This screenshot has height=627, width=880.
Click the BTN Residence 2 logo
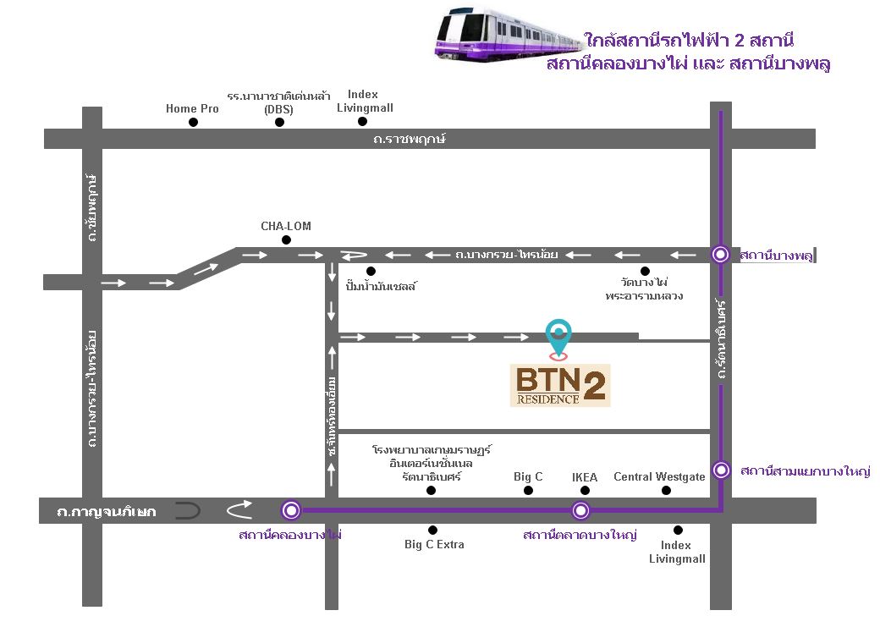pos(560,385)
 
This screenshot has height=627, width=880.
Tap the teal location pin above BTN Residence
pos(558,334)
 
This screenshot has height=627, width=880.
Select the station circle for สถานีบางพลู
pos(720,253)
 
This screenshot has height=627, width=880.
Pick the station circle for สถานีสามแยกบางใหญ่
pos(721,470)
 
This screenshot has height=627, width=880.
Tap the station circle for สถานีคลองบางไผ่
pos(292,509)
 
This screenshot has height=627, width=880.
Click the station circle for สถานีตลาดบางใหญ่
pos(580,510)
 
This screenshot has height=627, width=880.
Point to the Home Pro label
pos(192,108)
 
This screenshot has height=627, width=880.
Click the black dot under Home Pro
pos(193,123)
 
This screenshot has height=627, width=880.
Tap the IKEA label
pos(585,477)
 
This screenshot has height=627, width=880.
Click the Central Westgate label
pos(659,477)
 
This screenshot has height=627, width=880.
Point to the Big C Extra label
pos(434,544)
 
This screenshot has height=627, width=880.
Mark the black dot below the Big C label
pos(529,490)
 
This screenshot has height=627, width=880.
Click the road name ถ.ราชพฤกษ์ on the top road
pos(409,138)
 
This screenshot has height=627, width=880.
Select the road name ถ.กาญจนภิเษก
pos(107,511)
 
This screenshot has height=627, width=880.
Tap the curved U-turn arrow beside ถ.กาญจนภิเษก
pos(239,509)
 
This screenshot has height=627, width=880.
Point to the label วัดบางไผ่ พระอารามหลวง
pos(644,289)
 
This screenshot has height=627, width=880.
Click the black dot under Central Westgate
pos(665,490)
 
